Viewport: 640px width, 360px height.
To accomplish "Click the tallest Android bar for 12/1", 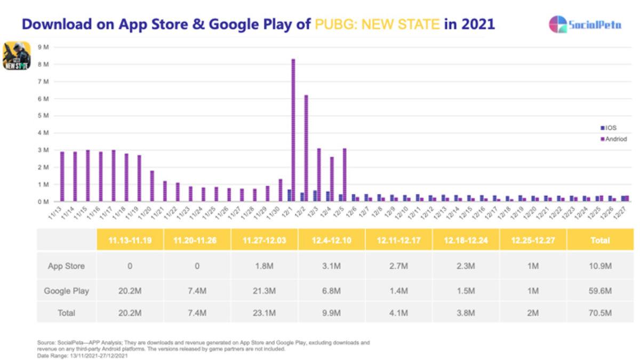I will (293, 130).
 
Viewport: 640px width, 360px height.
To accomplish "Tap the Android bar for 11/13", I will (62, 177).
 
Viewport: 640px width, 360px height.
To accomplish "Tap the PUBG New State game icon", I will (18, 55).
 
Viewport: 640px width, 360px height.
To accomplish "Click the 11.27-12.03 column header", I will (264, 241).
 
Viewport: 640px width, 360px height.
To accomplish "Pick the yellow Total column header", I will (600, 241).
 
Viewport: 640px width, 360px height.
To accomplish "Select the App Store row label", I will (66, 266).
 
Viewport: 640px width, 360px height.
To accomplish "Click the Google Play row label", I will (66, 291).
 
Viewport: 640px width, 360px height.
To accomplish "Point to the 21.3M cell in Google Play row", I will (264, 291).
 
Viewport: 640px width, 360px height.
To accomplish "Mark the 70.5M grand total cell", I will (600, 313).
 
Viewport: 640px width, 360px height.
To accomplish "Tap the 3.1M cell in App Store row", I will (332, 266).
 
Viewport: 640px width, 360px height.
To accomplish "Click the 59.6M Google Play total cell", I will (600, 291).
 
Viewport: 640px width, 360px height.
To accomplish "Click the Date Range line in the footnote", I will (83, 355).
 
